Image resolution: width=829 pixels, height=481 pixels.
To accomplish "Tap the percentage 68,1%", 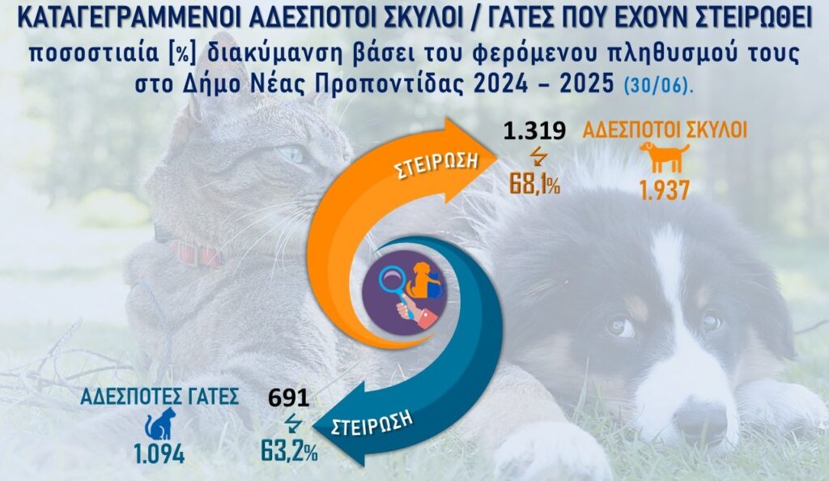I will (x=534, y=183).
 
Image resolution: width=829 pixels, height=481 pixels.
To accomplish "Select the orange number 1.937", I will (x=662, y=191).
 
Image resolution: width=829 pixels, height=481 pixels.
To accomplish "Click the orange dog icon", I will (x=662, y=157).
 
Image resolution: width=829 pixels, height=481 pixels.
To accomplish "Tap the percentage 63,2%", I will (x=289, y=448).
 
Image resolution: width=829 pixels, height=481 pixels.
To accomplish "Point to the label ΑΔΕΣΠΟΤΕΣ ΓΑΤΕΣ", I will (x=159, y=396).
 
